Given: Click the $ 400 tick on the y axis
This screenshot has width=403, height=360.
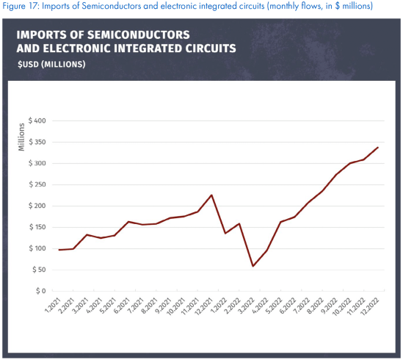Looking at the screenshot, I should click(x=35, y=120).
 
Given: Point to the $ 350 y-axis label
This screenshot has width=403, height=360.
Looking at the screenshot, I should click(x=35, y=142).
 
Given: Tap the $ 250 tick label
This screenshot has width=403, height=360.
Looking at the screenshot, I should click(x=35, y=184).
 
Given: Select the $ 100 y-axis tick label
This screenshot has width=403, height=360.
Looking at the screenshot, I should click(x=35, y=248).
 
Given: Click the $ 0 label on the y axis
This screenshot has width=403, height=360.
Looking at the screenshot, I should click(x=40, y=291).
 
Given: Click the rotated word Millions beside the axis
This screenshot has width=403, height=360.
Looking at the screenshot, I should click(x=21, y=137).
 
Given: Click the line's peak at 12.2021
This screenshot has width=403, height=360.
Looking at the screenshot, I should click(x=211, y=195).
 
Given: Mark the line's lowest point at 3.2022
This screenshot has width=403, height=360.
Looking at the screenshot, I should click(x=253, y=266).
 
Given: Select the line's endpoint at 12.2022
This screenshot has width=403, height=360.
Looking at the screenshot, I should click(x=377, y=148).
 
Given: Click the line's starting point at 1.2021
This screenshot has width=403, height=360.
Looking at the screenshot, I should click(x=59, y=250).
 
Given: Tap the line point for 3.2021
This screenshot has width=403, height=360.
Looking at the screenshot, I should click(x=87, y=235).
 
